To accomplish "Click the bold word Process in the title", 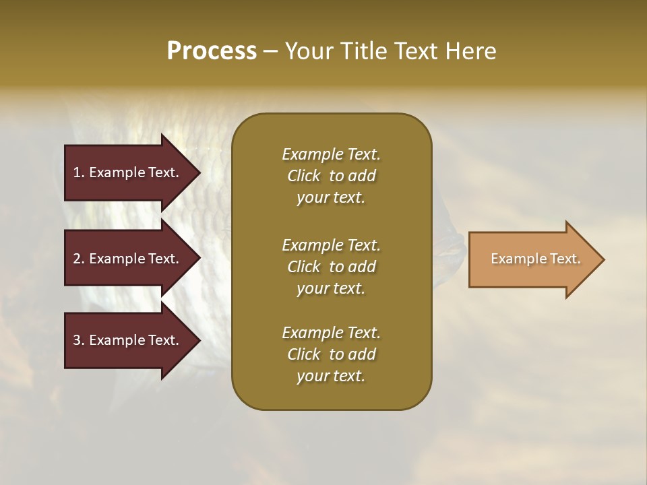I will pos(212,51).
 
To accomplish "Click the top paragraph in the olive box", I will pos(331,176).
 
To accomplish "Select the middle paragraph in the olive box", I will pos(331,267).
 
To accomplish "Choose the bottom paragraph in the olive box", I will pos(331,354).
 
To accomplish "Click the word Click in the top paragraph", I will pos(304,176).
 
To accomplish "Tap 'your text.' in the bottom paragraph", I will pos(331,376).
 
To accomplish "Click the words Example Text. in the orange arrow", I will pos(536,259).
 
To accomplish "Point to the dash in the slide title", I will pos(270,52).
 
